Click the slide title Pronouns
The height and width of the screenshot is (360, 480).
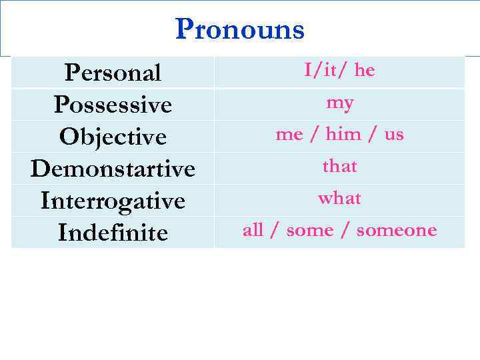tap(239, 29)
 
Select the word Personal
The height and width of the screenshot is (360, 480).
tap(113, 73)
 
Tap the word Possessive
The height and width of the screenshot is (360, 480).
tap(113, 105)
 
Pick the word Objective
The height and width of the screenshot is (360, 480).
tap(113, 137)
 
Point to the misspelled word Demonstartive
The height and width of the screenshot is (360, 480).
tap(113, 169)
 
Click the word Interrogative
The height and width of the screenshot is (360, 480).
tap(113, 201)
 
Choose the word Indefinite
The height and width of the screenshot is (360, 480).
tap(113, 233)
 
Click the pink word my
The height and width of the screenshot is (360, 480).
tap(340, 103)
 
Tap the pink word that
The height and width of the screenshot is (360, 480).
tap(340, 166)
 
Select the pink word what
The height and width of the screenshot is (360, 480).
tap(340, 198)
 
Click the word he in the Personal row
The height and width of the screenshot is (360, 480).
tap(365, 70)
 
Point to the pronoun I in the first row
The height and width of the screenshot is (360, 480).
tap(308, 70)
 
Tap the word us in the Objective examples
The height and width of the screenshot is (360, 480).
tap(394, 135)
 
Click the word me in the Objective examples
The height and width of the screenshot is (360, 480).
tap(289, 135)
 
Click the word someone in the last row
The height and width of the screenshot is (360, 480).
tap(396, 231)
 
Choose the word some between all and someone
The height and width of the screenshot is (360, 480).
tap(319, 231)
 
